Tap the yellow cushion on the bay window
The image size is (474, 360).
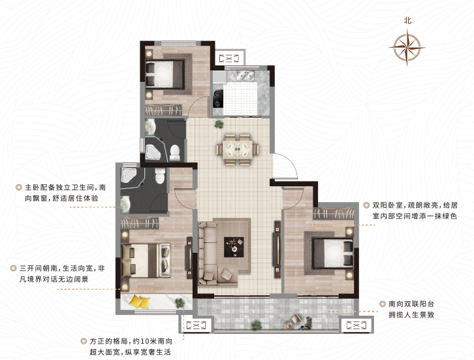(x=139, y=301)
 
